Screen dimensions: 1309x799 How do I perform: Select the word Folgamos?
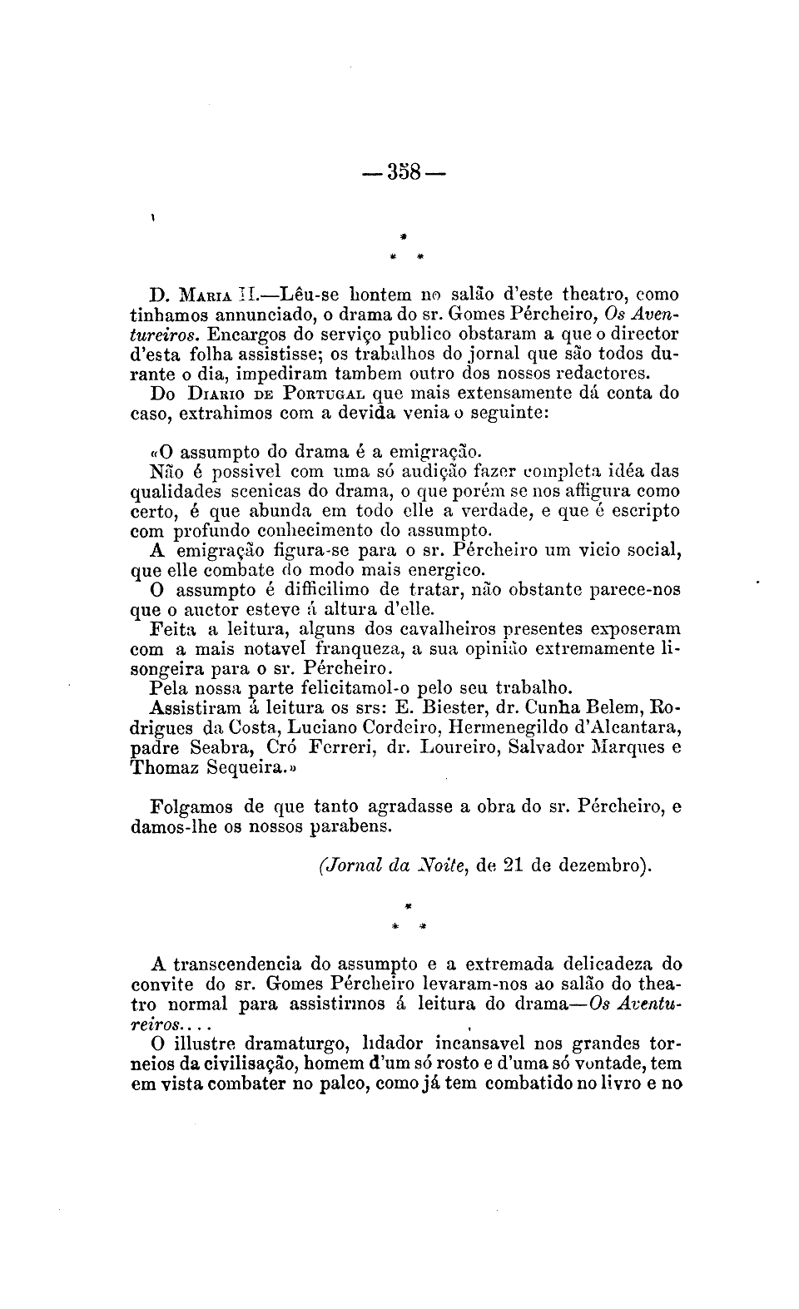pos(193,806)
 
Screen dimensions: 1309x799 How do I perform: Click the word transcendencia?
pos(238,965)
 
